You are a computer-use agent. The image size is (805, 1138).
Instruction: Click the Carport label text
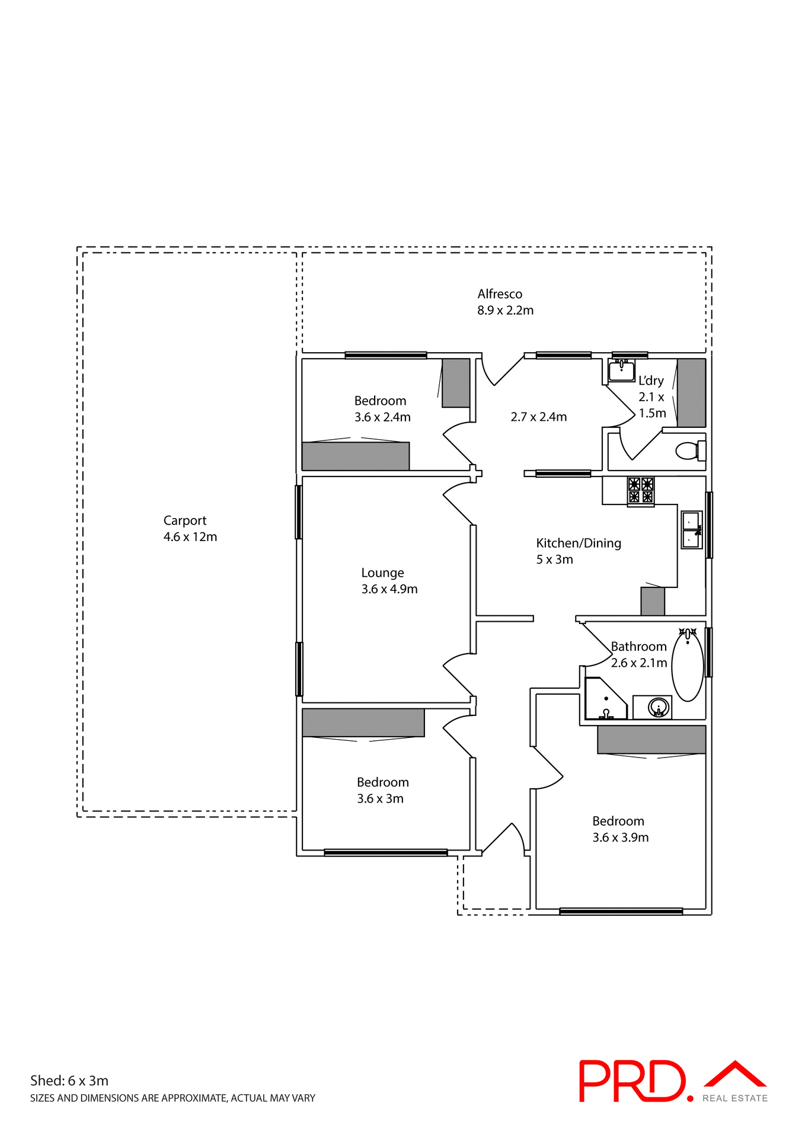tap(185, 520)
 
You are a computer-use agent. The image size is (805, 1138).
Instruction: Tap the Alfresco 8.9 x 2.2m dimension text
tap(505, 310)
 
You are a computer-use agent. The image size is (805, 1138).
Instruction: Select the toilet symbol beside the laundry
tap(689, 451)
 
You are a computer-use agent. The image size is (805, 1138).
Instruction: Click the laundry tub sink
tap(621, 370)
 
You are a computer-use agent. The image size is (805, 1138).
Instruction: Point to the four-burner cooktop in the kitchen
tap(641, 491)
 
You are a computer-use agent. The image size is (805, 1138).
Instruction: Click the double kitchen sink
tap(691, 530)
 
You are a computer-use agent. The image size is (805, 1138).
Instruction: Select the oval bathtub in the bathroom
tap(688, 665)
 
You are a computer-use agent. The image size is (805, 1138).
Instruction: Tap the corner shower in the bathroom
tap(605, 699)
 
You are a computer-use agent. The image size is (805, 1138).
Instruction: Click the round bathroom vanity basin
tap(658, 707)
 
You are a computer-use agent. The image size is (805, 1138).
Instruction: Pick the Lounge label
tap(382, 573)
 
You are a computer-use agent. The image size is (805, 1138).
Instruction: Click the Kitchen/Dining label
tap(579, 543)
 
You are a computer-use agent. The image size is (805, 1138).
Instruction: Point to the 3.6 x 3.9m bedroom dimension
tap(620, 837)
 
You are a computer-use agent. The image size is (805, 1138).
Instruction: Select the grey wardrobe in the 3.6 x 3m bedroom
tap(363, 723)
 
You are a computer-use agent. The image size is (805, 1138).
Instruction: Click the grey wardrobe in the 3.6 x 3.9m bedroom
tap(651, 739)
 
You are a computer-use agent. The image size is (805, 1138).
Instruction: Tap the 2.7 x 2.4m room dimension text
tap(538, 417)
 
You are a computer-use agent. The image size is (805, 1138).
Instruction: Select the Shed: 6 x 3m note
tap(69, 1081)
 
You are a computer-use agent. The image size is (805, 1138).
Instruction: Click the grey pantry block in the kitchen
tap(652, 601)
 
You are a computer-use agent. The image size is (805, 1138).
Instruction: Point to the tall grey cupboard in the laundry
tap(691, 392)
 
